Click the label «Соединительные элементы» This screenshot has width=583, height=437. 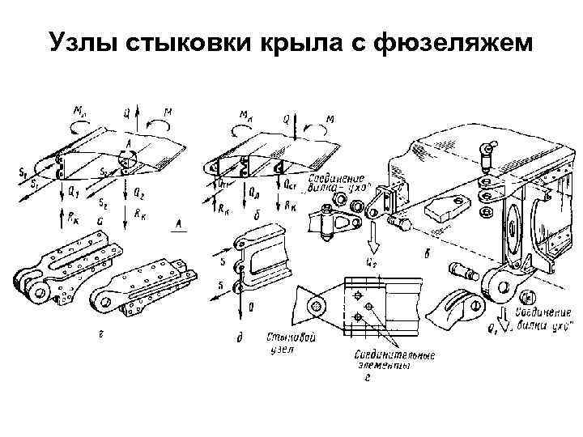pyautogui.click(x=395, y=358)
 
